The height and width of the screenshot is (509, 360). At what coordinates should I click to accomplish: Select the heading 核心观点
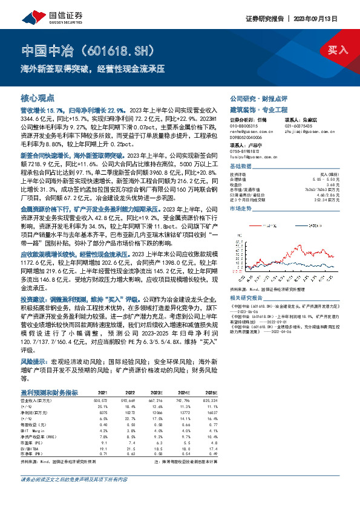[38, 97]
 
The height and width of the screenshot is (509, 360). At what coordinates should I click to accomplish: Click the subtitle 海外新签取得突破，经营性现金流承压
[93, 68]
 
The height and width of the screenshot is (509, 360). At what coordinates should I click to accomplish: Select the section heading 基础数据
[241, 166]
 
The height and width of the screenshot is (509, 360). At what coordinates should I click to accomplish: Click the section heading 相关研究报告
[247, 299]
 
